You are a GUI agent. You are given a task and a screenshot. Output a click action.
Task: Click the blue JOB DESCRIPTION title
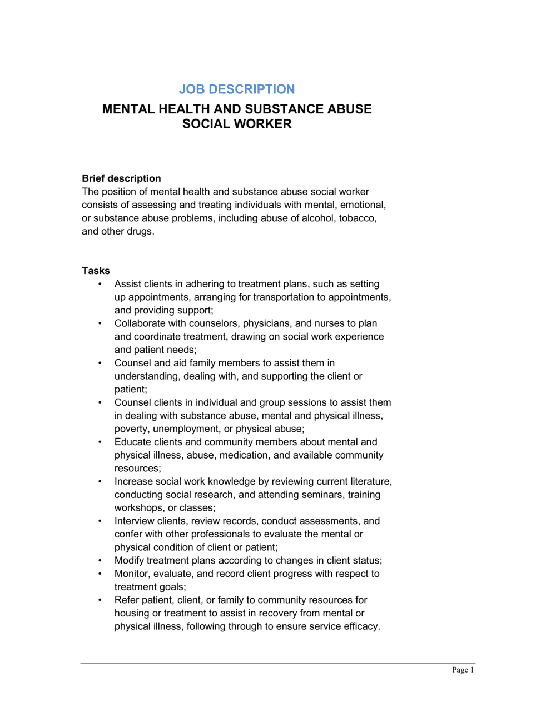pyautogui.click(x=237, y=89)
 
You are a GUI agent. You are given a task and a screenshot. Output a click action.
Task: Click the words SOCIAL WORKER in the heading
pyautogui.click(x=237, y=124)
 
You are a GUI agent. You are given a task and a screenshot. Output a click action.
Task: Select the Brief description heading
pyautogui.click(x=121, y=178)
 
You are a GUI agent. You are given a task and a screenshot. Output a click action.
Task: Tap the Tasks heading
pyautogui.click(x=96, y=271)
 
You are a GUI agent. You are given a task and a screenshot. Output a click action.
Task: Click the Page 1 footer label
pyautogui.click(x=463, y=670)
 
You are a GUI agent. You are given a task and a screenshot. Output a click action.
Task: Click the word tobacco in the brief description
pyautogui.click(x=357, y=218)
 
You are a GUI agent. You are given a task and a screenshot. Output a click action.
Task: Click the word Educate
pyautogui.click(x=132, y=442)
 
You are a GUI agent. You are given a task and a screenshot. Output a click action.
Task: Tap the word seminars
pyautogui.click(x=321, y=495)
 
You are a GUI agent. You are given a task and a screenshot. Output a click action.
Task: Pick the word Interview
pyautogui.click(x=134, y=521)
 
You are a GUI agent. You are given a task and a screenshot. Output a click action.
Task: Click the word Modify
pyautogui.click(x=129, y=561)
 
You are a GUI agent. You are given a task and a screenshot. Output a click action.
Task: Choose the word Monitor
pyautogui.click(x=131, y=574)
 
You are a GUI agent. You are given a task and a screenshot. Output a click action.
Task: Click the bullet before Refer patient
pyautogui.click(x=100, y=600)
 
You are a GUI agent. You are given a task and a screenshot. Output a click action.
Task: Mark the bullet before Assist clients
pyautogui.click(x=100, y=284)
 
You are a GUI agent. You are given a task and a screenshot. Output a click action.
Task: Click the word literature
pyautogui.click(x=370, y=482)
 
